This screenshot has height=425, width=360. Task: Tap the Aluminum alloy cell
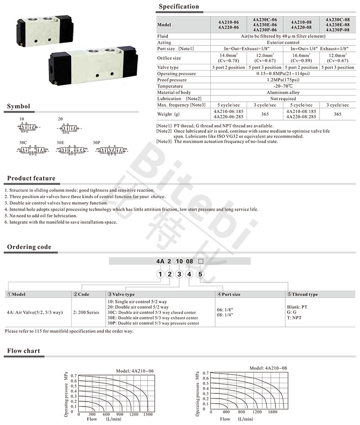click(283, 92)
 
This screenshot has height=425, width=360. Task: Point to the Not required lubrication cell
click(283, 98)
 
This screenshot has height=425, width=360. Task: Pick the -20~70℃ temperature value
click(283, 86)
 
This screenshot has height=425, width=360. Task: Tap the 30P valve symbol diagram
click(113, 149)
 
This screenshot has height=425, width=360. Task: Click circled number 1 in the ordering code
click(159, 274)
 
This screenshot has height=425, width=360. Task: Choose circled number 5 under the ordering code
click(201, 274)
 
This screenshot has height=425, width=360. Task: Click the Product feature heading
click(31, 179)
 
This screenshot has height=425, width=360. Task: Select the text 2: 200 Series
click(87, 311)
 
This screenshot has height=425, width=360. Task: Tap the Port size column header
click(231, 294)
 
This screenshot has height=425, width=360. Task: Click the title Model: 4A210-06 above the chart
click(135, 371)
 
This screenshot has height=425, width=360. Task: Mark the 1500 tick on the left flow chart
click(148, 414)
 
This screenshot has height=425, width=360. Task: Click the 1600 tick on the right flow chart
click(272, 411)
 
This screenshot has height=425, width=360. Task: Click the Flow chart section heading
click(23, 351)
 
